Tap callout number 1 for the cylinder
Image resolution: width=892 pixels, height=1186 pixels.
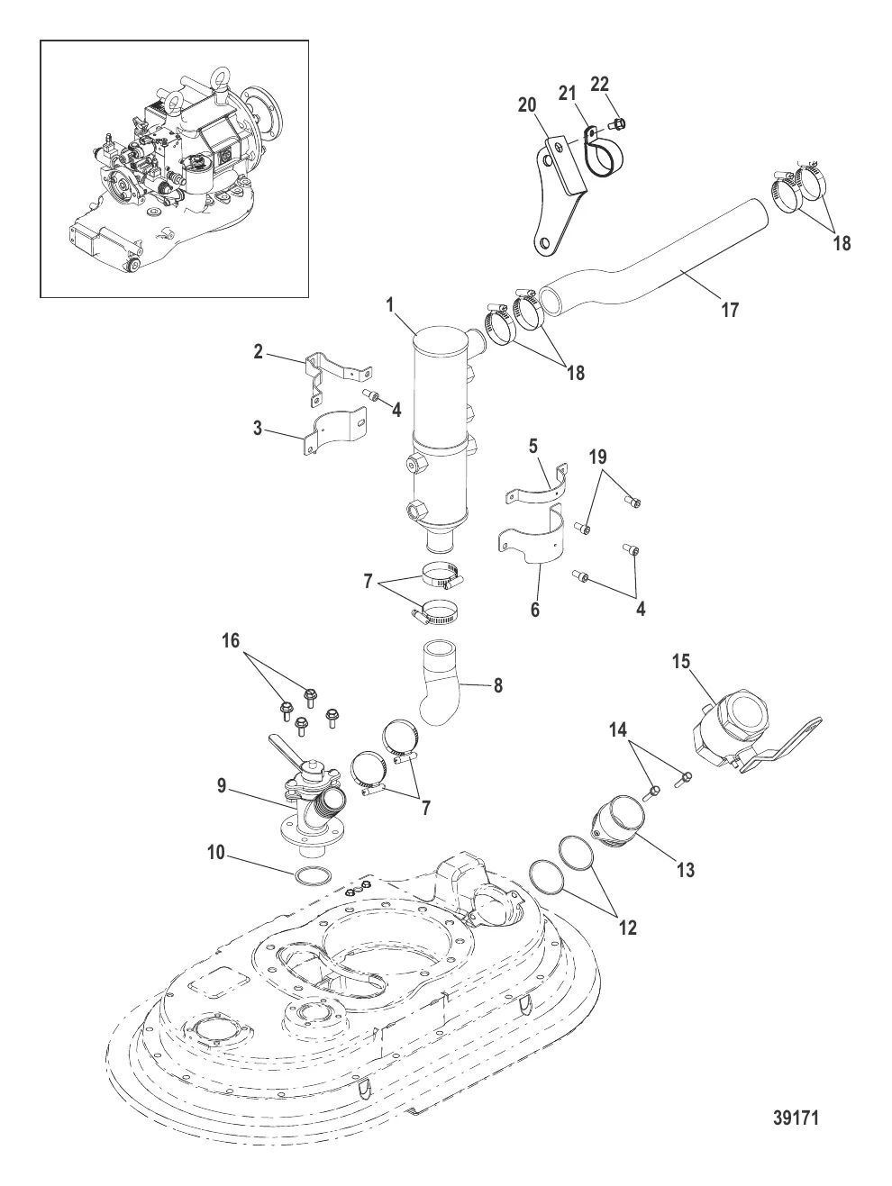[x=390, y=304]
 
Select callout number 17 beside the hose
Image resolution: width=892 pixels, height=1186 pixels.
[x=730, y=310]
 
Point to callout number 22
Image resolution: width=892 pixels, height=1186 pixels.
[x=599, y=84]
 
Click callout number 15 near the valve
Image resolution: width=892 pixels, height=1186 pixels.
[x=681, y=661]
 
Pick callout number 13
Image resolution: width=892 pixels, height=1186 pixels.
[x=686, y=870]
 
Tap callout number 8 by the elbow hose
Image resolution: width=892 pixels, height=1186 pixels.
[x=498, y=685]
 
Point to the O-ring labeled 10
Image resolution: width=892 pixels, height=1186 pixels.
[x=314, y=877]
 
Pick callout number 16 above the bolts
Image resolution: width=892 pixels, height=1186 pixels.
[x=231, y=641]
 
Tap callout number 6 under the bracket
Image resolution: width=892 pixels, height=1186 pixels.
[x=534, y=609]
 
